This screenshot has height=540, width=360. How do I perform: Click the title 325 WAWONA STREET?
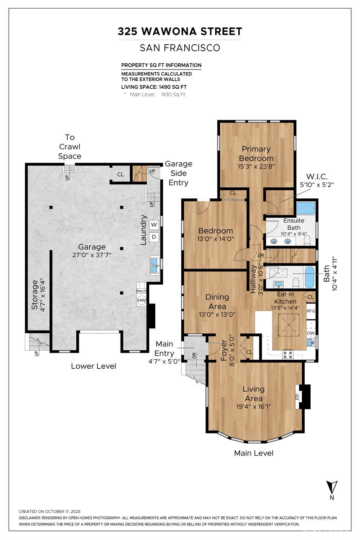click(180, 32)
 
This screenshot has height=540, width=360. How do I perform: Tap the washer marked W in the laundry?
click(154, 225)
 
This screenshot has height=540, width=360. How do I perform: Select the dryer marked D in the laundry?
click(154, 237)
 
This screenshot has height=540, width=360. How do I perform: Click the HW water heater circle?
click(141, 300)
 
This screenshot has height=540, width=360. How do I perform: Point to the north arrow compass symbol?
click(332, 487)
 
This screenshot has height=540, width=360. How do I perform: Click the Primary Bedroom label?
click(256, 154)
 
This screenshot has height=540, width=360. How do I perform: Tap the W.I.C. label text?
click(317, 176)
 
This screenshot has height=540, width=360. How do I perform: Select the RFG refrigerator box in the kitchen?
click(311, 311)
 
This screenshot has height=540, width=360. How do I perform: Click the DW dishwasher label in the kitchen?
click(311, 333)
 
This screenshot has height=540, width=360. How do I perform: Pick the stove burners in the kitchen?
click(288, 355)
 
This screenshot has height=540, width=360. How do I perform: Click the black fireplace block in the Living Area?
click(305, 397)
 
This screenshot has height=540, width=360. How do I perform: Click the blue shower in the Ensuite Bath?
click(306, 208)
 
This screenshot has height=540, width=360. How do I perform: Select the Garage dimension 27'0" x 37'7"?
click(92, 255)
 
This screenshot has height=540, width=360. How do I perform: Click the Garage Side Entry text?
click(179, 173)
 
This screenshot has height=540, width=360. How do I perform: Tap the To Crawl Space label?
click(70, 147)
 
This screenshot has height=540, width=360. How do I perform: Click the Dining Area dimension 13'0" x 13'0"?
click(217, 314)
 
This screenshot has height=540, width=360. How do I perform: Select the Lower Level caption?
click(93, 366)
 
